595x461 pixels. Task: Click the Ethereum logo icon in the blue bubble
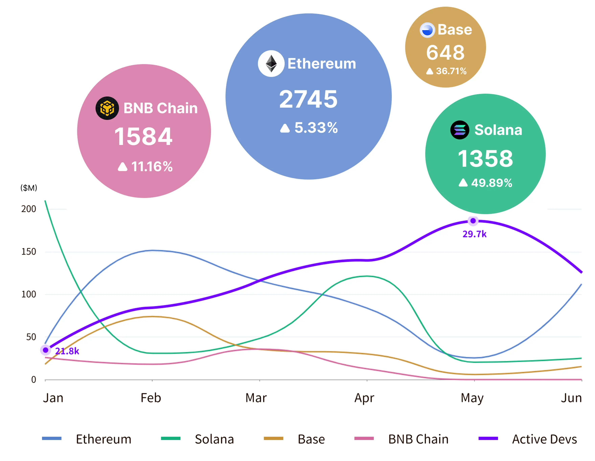click(x=271, y=63)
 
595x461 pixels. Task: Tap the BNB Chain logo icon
click(x=107, y=108)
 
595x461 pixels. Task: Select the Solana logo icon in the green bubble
click(x=460, y=130)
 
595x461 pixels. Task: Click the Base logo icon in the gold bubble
click(x=427, y=30)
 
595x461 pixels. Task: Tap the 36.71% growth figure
click(x=451, y=71)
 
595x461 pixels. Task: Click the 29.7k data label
click(x=474, y=234)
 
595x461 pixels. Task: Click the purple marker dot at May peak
click(x=473, y=221)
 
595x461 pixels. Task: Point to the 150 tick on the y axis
click(x=29, y=252)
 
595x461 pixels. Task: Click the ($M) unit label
click(x=29, y=188)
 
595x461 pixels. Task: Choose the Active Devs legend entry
click(x=544, y=439)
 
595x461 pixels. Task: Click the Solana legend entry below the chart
click(x=214, y=439)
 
